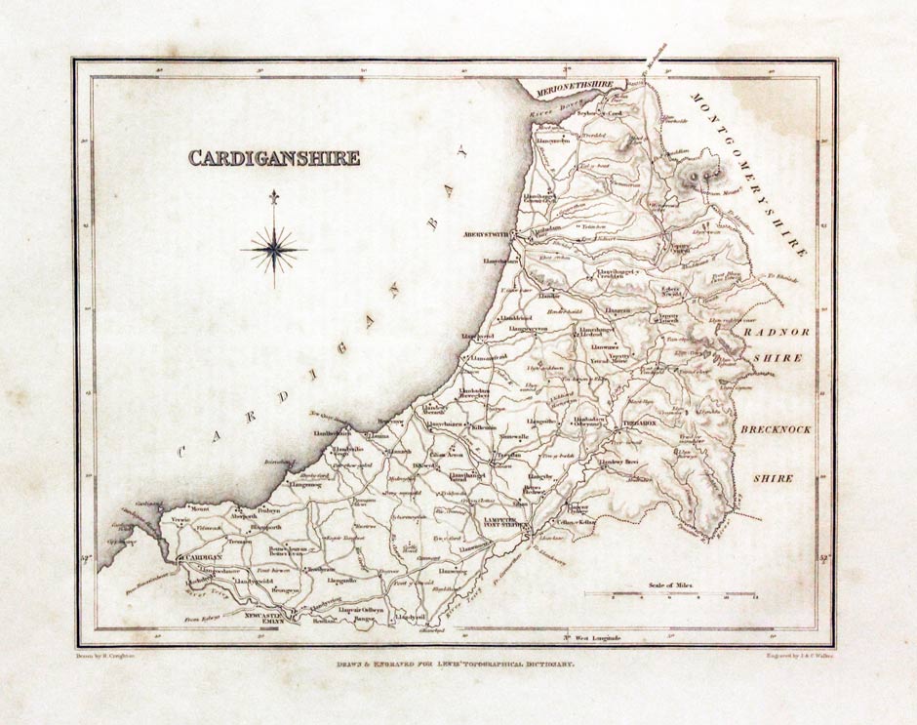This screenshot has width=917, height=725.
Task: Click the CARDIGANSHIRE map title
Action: tap(274, 158)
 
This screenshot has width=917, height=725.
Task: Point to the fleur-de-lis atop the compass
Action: tap(274, 197)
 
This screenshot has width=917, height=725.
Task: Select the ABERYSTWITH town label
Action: tap(488, 235)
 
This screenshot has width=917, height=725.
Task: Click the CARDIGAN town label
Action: tap(199, 557)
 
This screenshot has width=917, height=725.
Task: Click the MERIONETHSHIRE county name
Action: tap(575, 86)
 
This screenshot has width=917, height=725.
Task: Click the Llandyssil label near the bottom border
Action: tap(410, 617)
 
